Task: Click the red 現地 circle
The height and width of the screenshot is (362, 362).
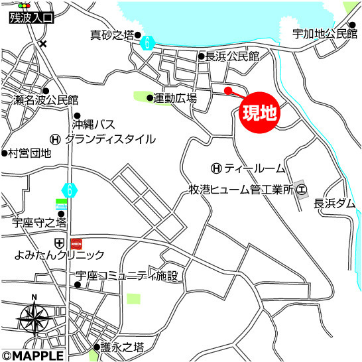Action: [259, 113]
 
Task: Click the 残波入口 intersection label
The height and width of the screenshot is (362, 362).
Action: [29, 19]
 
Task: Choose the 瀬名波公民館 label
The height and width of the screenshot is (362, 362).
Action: [45, 101]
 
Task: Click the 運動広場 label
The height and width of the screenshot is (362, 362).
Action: [176, 99]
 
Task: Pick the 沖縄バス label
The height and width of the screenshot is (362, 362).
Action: [94, 123]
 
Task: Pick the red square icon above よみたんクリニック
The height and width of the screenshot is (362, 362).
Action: [76, 243]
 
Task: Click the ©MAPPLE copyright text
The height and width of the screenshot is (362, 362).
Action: [33, 355]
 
